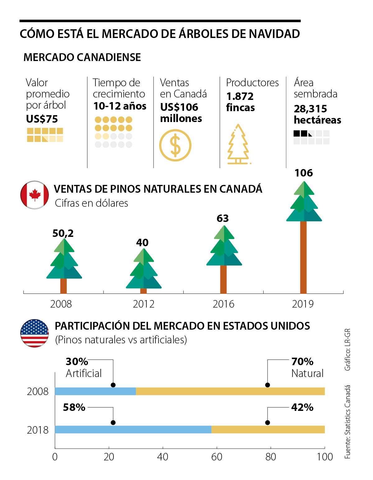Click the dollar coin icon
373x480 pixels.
(175, 145)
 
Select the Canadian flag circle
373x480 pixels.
(35, 195)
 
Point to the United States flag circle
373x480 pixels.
(35, 333)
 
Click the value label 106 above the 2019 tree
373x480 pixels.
(304, 173)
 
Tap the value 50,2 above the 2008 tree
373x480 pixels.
(63, 233)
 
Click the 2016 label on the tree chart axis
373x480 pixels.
(223, 304)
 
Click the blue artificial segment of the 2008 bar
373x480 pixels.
(95, 391)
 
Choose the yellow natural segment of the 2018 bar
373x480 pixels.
(268, 430)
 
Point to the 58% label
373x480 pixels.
(74, 407)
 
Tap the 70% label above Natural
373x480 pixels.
(302, 362)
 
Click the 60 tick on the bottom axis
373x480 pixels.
(217, 457)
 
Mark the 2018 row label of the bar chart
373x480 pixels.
(38, 430)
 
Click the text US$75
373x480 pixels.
(42, 119)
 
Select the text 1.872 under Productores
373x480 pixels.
(240, 96)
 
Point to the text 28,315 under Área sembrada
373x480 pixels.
(310, 109)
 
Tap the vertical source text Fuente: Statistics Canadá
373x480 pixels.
(348, 422)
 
